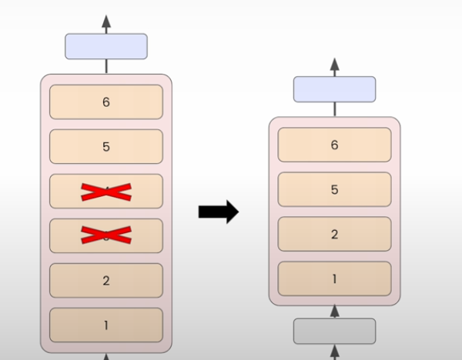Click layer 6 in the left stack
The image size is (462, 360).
[106, 102]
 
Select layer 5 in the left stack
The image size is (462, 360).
[106, 146]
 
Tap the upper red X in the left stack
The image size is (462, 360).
[106, 192]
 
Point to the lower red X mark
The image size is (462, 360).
[106, 236]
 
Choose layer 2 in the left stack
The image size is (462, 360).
[106, 281]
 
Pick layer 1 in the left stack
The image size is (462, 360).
[106, 325]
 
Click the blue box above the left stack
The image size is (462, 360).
[106, 46]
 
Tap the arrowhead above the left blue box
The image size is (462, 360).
[106, 20]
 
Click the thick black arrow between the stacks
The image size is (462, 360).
[219, 212]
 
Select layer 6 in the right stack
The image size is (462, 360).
[334, 145]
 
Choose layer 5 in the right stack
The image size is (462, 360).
[334, 189]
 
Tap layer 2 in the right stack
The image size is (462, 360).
[334, 234]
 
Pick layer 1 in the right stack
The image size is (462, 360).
[334, 278]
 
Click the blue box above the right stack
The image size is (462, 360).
[334, 89]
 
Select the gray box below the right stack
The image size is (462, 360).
[334, 331]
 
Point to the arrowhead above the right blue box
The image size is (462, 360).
[334, 63]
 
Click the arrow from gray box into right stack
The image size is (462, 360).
[334, 312]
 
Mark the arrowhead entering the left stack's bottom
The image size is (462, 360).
[106, 356]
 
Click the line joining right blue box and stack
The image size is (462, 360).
[334, 109]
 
